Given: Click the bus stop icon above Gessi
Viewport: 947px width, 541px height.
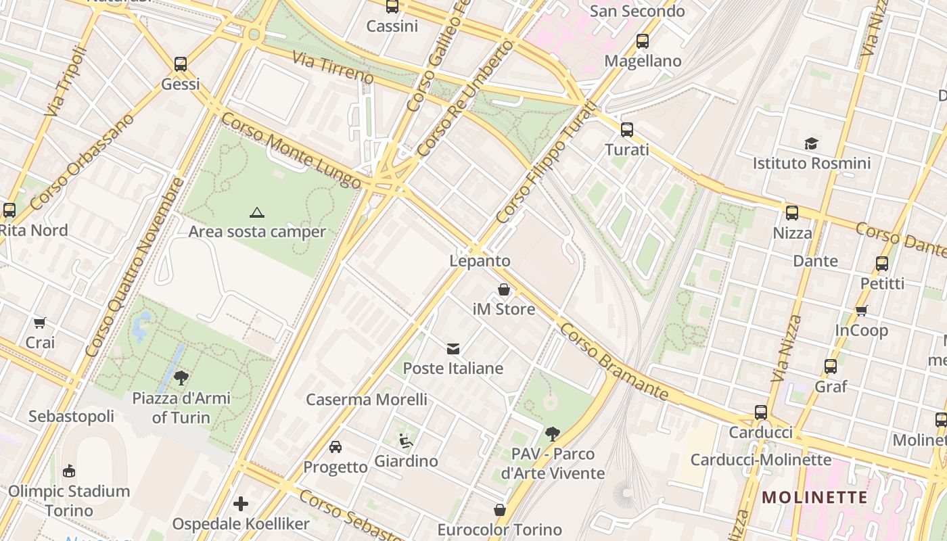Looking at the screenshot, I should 181,64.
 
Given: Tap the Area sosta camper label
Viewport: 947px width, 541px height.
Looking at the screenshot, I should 257,232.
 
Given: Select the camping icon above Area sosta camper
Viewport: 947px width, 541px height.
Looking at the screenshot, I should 256,212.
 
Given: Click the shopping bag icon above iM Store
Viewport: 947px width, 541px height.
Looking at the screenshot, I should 504,290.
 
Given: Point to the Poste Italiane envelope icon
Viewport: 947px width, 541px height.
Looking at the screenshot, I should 453,349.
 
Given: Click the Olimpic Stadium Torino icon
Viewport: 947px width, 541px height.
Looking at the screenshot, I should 69,471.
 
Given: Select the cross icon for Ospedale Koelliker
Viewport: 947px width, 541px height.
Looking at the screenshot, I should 241,504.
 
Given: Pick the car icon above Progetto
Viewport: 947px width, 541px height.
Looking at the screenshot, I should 336,447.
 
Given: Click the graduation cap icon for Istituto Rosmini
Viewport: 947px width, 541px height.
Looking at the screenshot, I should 811,143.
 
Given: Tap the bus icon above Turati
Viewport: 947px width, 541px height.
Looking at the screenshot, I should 627,130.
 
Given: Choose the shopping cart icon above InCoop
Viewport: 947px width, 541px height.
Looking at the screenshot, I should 861,310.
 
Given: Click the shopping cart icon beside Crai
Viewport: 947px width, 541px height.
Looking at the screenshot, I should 40,323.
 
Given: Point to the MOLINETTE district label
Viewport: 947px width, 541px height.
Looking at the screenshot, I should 814,498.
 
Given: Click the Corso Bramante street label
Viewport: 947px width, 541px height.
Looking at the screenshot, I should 614,362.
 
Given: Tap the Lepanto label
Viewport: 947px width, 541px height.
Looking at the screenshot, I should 480,261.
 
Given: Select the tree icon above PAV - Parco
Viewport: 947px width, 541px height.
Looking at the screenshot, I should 553,433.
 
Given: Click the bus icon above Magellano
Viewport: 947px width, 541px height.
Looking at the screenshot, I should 643,41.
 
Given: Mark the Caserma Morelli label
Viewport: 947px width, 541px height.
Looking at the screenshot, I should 367,400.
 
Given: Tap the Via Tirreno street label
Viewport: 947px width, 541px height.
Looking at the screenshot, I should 333,67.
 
